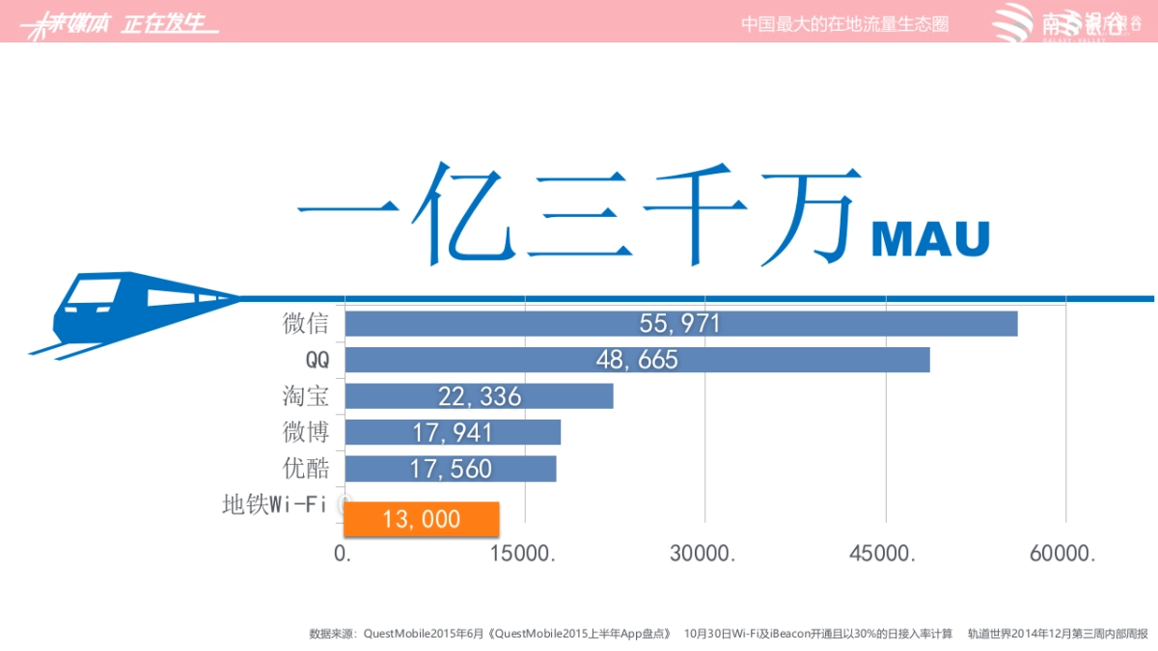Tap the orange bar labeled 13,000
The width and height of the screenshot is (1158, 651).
point(422,519)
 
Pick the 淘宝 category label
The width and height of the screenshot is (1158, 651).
point(306,395)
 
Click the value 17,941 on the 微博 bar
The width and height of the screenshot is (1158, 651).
point(453,432)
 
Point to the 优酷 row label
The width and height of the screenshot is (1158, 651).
point(306,469)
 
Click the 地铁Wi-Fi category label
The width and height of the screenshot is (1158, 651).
point(274,504)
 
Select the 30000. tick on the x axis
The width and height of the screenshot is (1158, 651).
point(704,555)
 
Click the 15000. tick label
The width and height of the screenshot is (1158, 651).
point(525,555)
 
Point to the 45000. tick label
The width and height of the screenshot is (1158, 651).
point(884,555)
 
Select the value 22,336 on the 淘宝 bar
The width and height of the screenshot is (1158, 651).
point(479,396)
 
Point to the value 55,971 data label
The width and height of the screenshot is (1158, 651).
point(680,324)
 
